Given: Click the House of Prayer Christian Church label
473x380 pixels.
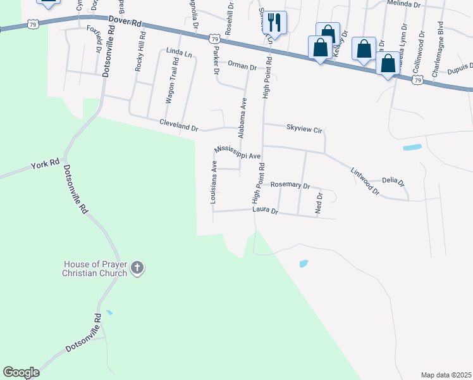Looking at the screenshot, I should [95, 269].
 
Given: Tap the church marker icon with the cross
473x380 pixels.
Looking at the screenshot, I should [137, 269].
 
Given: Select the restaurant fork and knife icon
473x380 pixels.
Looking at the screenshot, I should [275, 22].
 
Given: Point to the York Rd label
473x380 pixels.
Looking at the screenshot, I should [44, 166].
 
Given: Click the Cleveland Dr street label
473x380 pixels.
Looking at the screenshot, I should [178, 125].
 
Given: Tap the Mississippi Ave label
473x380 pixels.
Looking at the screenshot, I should [237, 152].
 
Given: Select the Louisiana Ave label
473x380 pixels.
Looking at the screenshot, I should [214, 180].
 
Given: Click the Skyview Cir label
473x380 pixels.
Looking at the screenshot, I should [304, 129].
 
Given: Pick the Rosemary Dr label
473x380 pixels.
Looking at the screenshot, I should [290, 186].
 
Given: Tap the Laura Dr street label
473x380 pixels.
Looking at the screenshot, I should [265, 210].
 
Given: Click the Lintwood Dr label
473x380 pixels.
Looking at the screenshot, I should [365, 181].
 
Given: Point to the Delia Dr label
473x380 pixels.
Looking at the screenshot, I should [393, 181].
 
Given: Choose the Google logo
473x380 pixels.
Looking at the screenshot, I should [21, 372].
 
